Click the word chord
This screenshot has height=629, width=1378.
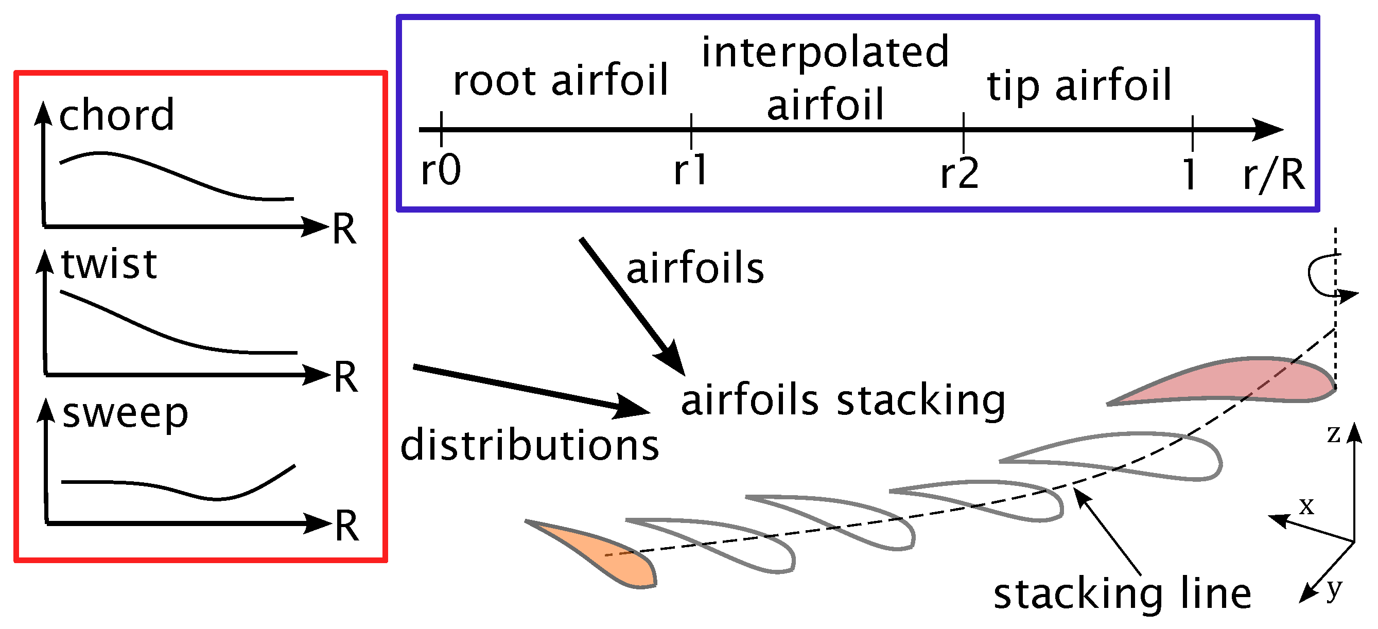coord(117,115)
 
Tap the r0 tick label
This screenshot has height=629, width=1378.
coord(441,170)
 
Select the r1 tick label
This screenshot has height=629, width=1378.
coord(691,170)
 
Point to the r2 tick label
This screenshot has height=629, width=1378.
coord(960,173)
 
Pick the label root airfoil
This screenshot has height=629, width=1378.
coord(561,80)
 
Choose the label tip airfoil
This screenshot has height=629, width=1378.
coord(1079,85)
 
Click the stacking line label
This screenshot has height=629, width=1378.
coord(1122,595)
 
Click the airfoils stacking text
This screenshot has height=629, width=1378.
coord(843,401)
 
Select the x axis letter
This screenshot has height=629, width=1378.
coord(1307,505)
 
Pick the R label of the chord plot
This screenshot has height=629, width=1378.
coord(344,230)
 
